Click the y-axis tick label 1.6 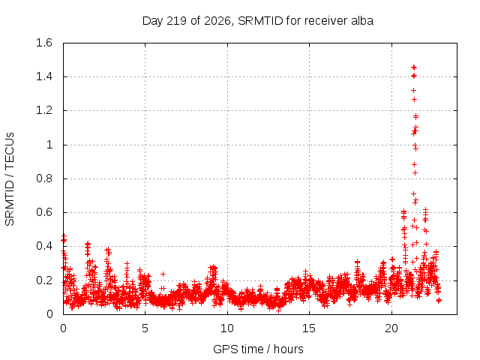44,43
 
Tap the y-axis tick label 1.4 44,76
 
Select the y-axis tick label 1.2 44,110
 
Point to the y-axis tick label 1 49,145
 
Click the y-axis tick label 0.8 44,178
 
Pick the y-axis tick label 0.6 44,212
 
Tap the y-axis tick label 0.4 44,246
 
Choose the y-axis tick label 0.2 44,280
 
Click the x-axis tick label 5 145,328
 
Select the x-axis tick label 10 227,328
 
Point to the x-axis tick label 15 309,328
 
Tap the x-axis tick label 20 391,328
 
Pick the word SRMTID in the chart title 260,21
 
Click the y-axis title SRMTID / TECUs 10,179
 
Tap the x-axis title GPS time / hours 258,349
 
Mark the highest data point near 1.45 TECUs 414,67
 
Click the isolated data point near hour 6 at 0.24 163,274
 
